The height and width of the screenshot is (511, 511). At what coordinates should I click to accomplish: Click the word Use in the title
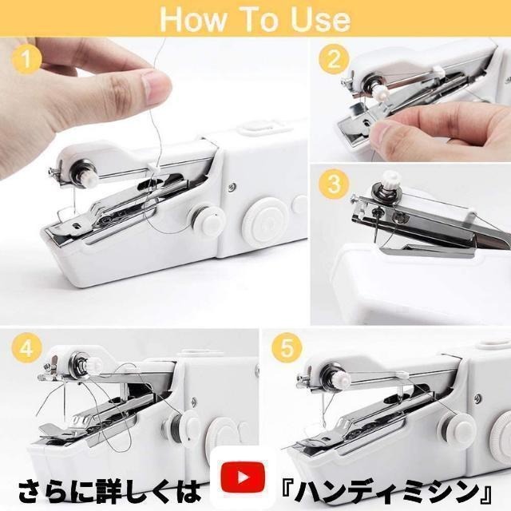pyautogui.click(x=321, y=19)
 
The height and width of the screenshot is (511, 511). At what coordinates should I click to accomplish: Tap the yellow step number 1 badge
pyautogui.click(x=26, y=59)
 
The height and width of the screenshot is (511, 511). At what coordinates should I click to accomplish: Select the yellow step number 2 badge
pyautogui.click(x=334, y=59)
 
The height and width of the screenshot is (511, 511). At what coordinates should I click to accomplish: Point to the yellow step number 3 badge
pyautogui.click(x=334, y=184)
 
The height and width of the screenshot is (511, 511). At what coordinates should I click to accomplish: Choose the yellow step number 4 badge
pyautogui.click(x=26, y=349)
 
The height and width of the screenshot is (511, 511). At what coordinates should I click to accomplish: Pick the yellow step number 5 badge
pyautogui.click(x=287, y=348)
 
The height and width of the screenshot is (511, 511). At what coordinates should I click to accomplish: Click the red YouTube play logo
pyautogui.click(x=243, y=477)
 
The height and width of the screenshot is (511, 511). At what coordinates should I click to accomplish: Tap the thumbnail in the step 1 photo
pyautogui.click(x=156, y=87)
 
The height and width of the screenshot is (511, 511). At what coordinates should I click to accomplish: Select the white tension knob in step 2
pyautogui.click(x=380, y=92)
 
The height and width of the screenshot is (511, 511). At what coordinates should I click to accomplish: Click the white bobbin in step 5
pyautogui.click(x=456, y=428)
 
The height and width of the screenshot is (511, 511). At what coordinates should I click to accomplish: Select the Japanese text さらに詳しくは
pyautogui.click(x=109, y=491)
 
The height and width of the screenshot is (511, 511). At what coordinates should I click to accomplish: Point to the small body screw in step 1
pyautogui.click(x=232, y=186)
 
